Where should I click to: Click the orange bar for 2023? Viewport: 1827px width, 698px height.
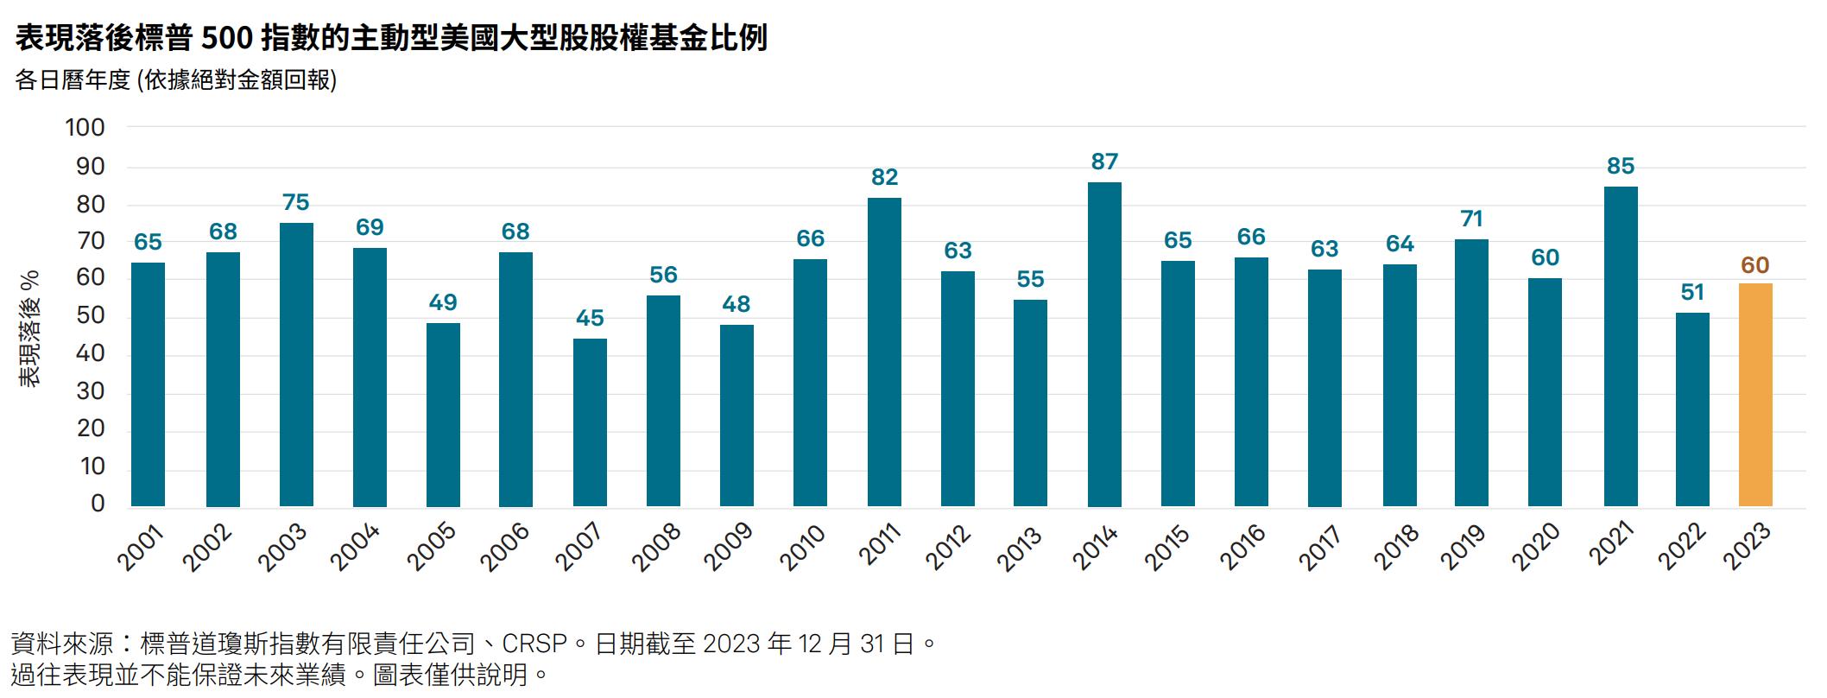[1754, 396]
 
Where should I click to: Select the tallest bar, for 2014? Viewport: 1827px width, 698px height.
[1104, 346]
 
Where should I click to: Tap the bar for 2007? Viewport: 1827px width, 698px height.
[590, 423]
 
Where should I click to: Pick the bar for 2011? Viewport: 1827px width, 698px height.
[884, 352]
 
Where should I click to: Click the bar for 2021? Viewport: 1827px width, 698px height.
[1620, 347]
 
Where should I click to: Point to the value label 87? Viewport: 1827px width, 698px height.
[1104, 162]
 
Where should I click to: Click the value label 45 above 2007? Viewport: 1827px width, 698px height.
[590, 319]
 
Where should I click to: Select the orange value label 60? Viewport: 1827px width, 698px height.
[1754, 265]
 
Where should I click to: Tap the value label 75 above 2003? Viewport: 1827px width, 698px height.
[295, 203]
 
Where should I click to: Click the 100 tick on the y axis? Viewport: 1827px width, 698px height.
[85, 128]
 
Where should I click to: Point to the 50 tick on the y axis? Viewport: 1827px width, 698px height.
[91, 315]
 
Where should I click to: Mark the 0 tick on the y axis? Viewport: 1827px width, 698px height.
[98, 504]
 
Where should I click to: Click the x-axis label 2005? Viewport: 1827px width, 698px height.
[431, 548]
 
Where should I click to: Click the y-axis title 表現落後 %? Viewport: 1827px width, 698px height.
[31, 328]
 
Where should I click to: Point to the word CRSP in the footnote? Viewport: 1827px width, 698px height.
[534, 644]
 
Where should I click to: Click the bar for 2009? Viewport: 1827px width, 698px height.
[736, 416]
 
